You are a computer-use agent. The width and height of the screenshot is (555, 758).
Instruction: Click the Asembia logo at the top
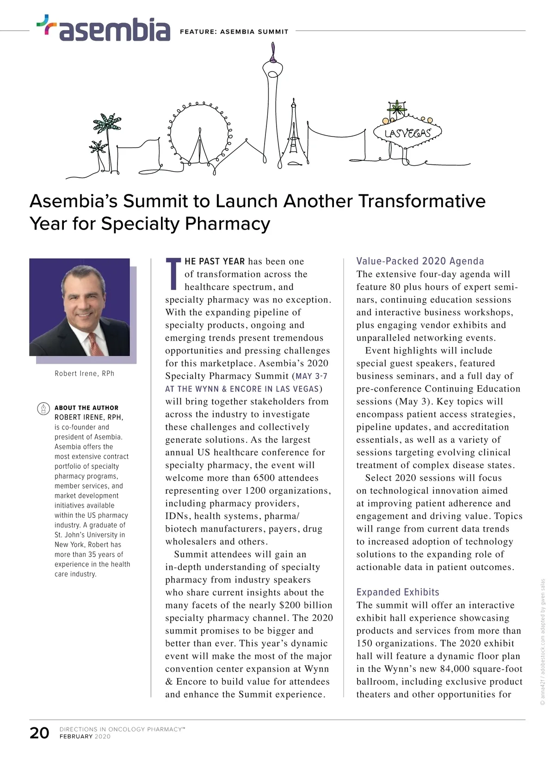[x=104, y=28]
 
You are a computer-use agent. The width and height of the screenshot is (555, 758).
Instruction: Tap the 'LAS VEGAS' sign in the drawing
[x=407, y=133]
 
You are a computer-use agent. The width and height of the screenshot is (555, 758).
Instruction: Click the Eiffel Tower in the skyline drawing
[x=293, y=134]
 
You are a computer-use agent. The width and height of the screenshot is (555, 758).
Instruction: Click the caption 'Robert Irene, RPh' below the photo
[x=84, y=373]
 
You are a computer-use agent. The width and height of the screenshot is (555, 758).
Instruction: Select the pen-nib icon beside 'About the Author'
[x=43, y=409]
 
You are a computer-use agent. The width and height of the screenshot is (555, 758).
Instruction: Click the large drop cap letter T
[x=173, y=273]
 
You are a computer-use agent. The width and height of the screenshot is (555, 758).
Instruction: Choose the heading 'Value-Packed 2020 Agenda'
[x=420, y=261]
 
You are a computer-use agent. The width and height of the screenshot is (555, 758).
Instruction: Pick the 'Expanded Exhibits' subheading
[x=398, y=592]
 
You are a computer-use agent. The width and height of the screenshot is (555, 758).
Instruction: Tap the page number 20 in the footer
[x=39, y=733]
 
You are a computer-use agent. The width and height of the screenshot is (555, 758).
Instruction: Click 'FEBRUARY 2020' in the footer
[x=85, y=736]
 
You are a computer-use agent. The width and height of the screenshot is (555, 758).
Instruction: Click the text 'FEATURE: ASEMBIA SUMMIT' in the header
[x=234, y=32]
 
